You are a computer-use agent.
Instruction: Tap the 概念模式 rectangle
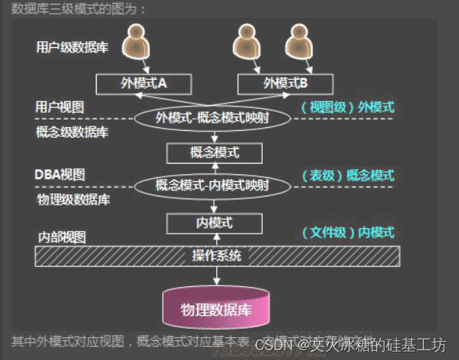[214, 152]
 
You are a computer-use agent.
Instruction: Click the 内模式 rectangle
[214, 223]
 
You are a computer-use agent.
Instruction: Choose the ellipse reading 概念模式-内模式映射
[212, 185]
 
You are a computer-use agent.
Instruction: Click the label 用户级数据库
[72, 47]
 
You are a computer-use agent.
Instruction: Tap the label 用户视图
[59, 106]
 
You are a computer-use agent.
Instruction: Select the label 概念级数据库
[72, 131]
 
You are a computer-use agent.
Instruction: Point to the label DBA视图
[59, 174]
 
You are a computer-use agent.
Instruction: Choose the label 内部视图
[62, 237]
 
